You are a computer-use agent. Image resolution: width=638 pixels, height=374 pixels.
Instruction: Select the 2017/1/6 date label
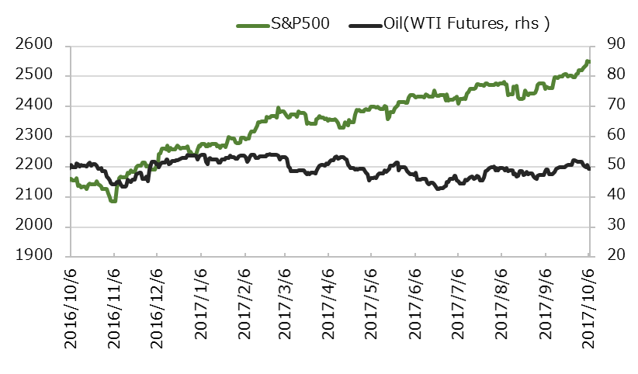click(x=201, y=306)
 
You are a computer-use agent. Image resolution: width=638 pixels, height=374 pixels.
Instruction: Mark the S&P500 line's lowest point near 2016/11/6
click(x=113, y=201)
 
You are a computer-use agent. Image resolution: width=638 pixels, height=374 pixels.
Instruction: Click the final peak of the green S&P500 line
click(x=588, y=61)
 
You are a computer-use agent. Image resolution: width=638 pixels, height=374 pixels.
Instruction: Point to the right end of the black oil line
click(x=589, y=168)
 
